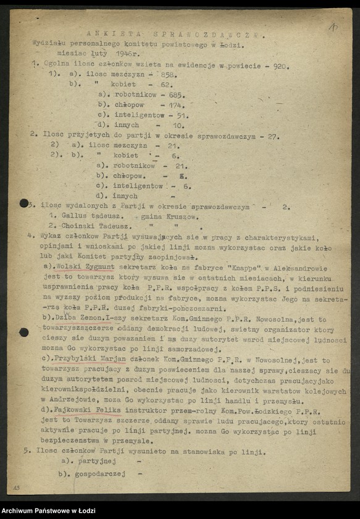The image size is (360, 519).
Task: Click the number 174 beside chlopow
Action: click(167, 105)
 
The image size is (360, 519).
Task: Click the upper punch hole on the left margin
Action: click(24, 203)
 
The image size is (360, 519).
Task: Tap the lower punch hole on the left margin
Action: click(24, 332)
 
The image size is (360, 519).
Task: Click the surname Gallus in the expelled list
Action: click(75, 216)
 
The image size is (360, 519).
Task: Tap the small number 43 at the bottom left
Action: click(16, 488)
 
